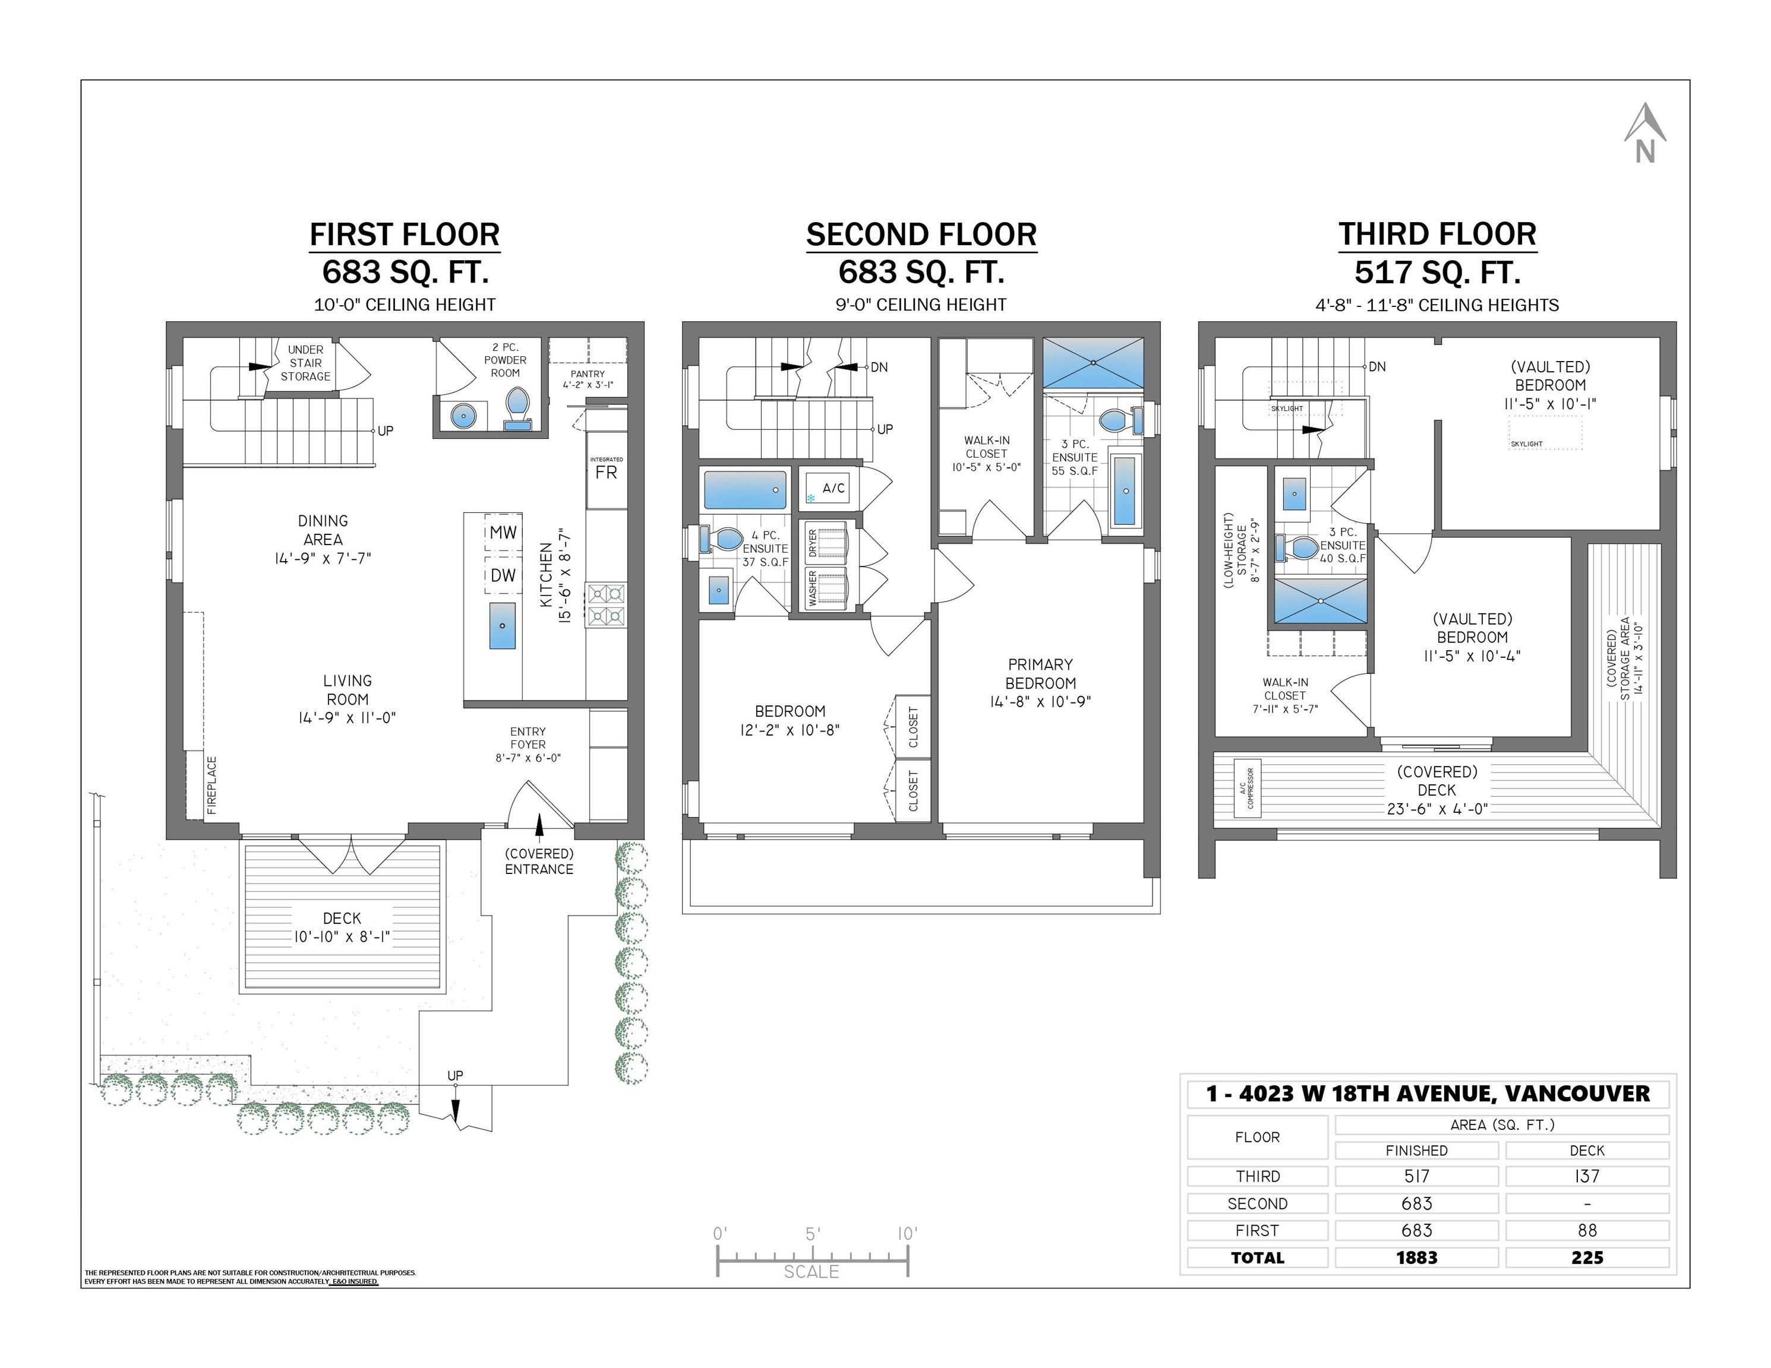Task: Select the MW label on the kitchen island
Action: [x=503, y=533]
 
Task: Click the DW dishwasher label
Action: [x=503, y=575]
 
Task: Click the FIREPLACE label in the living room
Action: [x=211, y=784]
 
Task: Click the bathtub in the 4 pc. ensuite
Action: [x=744, y=490]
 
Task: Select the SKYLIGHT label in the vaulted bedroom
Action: [x=1527, y=444]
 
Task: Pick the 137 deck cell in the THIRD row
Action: [x=1586, y=1176]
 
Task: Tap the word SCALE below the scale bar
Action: [x=811, y=1272]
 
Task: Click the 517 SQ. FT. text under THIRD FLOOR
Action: [x=1437, y=273]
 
